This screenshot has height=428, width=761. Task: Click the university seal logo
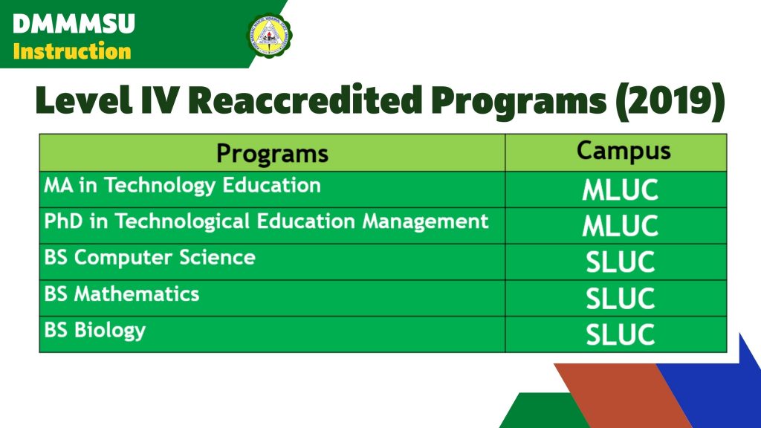pos(270,34)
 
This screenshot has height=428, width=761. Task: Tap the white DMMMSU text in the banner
pos(74,24)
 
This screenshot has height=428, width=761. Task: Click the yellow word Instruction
pos(72,51)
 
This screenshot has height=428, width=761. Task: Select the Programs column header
pos(272,153)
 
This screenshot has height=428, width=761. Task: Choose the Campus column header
pos(624,151)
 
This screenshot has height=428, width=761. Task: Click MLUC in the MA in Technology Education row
pos(621,189)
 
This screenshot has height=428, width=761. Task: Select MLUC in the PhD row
pos(621,226)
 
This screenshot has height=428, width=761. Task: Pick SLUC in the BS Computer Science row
pos(621,262)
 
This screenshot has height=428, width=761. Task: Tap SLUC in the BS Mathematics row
pos(621,299)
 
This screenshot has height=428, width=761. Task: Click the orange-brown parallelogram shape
pos(623,396)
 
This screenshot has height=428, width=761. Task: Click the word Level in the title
pos(83,100)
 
